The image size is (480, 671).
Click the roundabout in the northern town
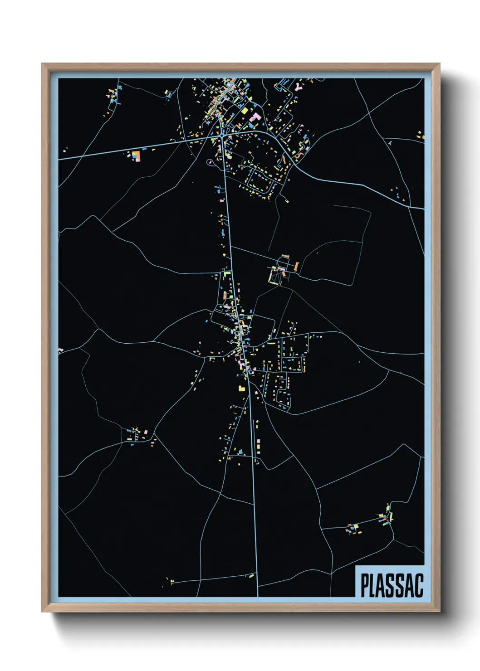pyautogui.click(x=221, y=135)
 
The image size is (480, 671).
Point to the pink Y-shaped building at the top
pyautogui.click(x=298, y=85)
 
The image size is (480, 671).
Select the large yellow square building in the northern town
pyautogui.click(x=244, y=110)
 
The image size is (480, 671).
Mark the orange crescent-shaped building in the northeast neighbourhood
pyautogui.click(x=299, y=155)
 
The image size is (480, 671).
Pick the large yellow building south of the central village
pyautogui.click(x=241, y=388)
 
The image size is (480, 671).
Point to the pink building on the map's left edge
pyautogui.click(x=61, y=350)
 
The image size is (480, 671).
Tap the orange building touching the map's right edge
pyautogui.click(x=422, y=136)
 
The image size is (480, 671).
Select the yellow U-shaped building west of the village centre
pyautogui.click(x=212, y=359)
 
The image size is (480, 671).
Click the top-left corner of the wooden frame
pyautogui.click(x=43, y=64)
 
